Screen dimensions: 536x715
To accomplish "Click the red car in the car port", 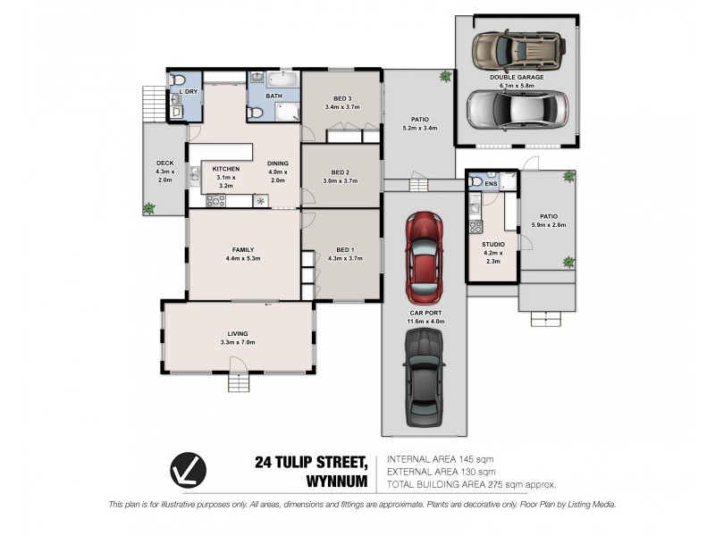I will pos(425,258).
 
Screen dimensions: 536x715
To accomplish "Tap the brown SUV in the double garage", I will pos(517,53).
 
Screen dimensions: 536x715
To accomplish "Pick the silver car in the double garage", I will pos(517,109).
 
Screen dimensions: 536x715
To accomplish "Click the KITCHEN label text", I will pos(225,168).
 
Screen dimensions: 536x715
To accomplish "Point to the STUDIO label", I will pos(493,244).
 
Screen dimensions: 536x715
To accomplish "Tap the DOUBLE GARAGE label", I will pos(517,78).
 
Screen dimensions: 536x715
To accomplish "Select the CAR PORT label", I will pos(426,314).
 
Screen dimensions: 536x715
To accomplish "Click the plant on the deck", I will pos(149,208).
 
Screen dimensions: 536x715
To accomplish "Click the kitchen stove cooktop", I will pos(215,201).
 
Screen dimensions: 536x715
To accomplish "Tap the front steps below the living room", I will pos(238,382).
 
